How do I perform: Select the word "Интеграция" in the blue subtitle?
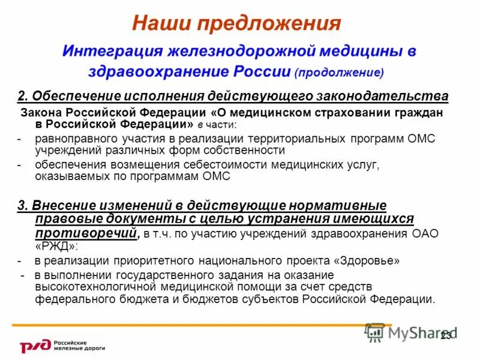(x=112, y=51)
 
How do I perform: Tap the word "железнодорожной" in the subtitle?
(x=235, y=51)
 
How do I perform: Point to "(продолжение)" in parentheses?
(x=339, y=73)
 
